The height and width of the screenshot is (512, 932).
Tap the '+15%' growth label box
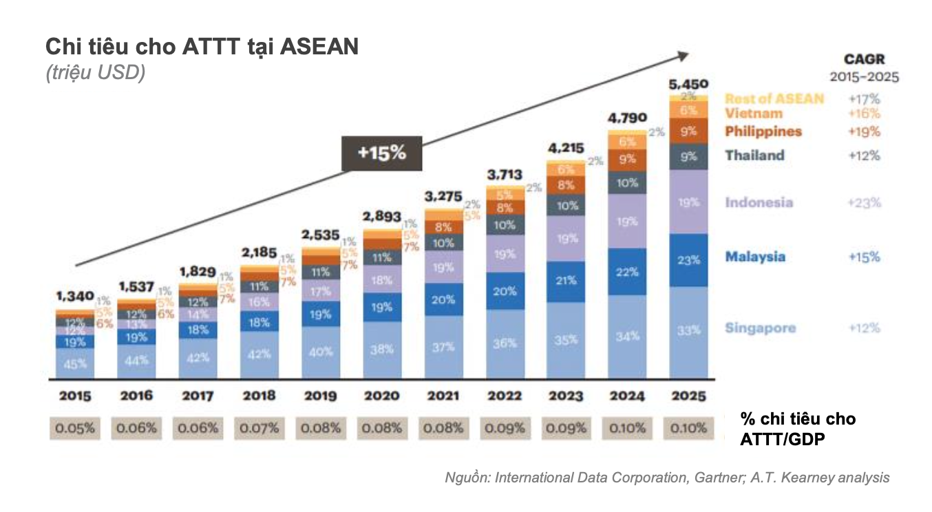point(382,153)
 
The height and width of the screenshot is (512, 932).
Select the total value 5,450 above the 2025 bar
point(688,85)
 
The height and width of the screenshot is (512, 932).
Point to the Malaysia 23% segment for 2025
point(688,260)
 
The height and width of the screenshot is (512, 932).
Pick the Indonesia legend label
point(759,202)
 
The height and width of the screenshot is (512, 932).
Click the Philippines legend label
point(763,131)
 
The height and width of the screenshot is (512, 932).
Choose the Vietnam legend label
point(754,114)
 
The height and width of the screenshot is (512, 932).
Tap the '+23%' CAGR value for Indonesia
point(864,202)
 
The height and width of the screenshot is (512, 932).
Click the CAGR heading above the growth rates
point(865,60)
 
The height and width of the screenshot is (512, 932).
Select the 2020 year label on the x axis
point(382,396)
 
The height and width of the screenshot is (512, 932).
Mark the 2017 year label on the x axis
point(198,396)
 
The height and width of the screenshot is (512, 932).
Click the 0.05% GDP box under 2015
point(76,428)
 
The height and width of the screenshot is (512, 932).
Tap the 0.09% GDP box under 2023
point(566,428)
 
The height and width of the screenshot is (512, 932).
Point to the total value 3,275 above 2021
point(443,197)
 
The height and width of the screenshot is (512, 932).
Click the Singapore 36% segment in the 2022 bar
point(505,343)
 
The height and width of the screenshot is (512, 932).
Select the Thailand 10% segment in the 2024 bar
point(626,183)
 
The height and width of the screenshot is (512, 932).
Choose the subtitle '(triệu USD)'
point(96,73)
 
